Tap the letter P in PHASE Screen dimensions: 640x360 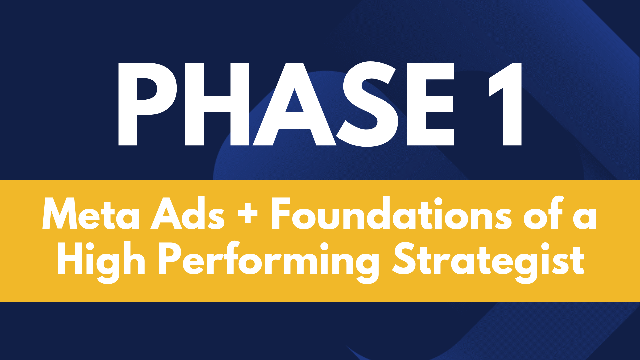(147, 104)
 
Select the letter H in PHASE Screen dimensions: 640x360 (217, 104)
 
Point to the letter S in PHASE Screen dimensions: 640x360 (367, 104)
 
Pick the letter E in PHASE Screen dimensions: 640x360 (430, 104)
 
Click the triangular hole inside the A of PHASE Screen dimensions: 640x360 (295, 101)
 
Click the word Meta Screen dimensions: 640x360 (91, 213)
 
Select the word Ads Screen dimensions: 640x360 (188, 213)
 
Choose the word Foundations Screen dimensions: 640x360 (392, 213)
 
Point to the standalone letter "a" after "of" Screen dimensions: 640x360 (585, 218)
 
